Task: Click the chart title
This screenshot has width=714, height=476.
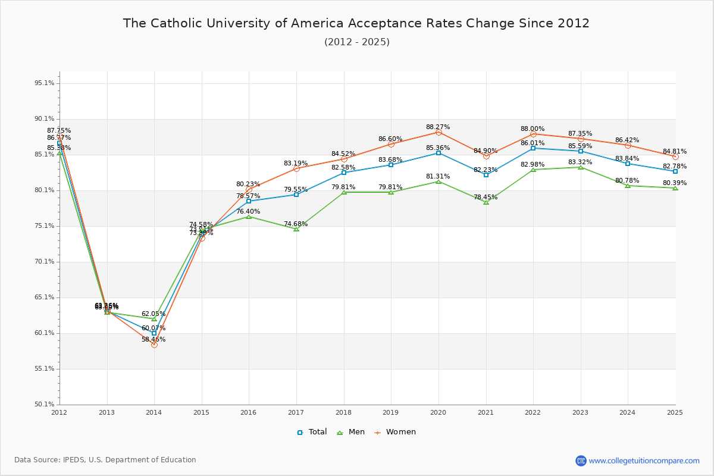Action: [x=356, y=24]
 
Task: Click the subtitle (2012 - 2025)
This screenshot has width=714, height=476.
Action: [x=356, y=42]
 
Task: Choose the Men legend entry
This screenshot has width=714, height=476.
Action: [x=351, y=432]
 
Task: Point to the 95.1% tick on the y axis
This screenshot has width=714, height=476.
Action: [x=45, y=83]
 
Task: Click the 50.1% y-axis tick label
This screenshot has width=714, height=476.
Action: [x=45, y=405]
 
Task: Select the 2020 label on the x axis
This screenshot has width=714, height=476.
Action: [x=439, y=412]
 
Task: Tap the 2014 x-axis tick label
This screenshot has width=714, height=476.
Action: [x=154, y=412]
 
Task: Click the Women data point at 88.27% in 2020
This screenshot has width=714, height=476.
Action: [x=439, y=132]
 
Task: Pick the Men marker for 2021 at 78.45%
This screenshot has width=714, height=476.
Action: [x=486, y=202]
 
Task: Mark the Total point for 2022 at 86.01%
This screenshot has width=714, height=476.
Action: [x=533, y=148]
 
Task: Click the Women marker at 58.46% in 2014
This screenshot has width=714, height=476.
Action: [x=154, y=345]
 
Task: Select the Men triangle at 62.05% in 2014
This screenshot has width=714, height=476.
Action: [x=154, y=319]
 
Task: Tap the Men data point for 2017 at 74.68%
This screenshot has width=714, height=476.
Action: [x=296, y=229]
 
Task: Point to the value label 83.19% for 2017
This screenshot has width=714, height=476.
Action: [x=296, y=164]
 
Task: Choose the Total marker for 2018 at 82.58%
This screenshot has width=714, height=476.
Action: [x=344, y=173]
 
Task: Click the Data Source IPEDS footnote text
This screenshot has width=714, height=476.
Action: [x=105, y=460]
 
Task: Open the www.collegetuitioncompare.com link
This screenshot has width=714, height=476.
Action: [x=644, y=461]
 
